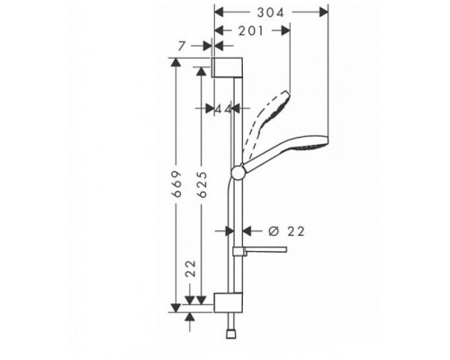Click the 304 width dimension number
(x=271, y=13)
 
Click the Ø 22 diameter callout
(x=277, y=230)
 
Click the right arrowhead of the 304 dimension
(x=324, y=13)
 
